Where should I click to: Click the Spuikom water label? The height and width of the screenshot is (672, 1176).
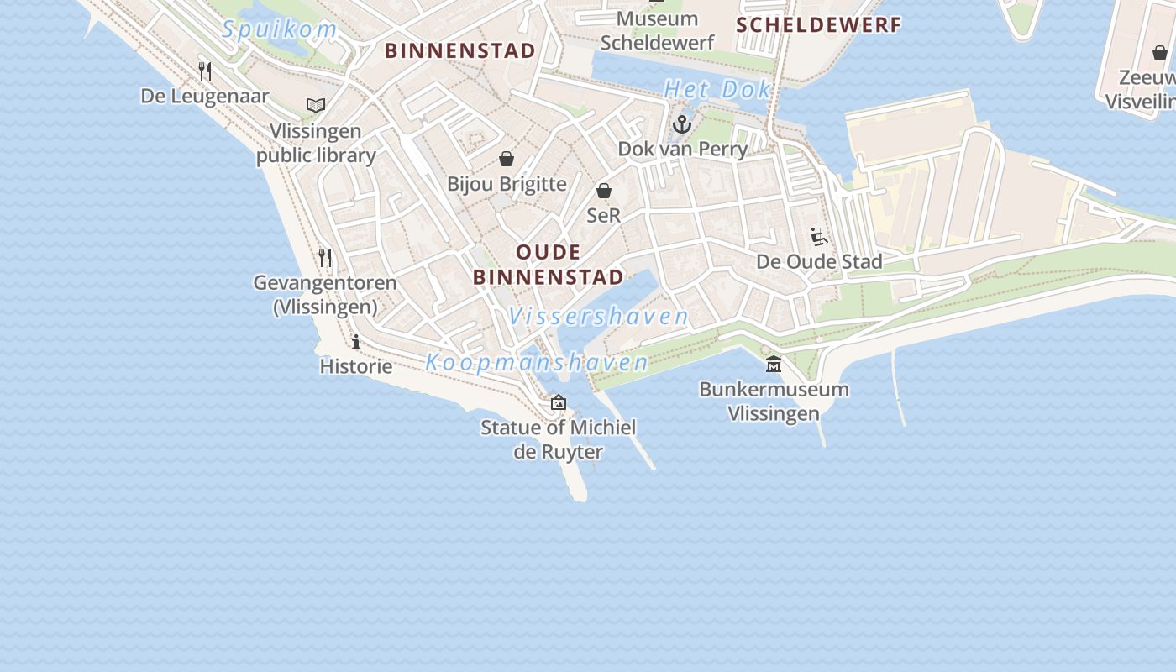(x=280, y=30)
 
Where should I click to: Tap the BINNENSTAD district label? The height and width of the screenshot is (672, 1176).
(x=459, y=50)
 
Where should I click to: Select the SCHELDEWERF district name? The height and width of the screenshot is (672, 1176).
(x=818, y=25)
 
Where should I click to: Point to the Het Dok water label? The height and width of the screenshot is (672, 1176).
(x=717, y=89)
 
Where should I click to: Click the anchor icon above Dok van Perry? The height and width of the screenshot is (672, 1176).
(x=682, y=125)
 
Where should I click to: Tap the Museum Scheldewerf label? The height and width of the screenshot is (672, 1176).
(x=657, y=30)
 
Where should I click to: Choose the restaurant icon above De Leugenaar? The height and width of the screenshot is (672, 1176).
(x=205, y=71)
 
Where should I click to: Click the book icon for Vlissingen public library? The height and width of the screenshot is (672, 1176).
(x=316, y=106)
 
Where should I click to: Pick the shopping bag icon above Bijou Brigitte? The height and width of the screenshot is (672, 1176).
(x=507, y=159)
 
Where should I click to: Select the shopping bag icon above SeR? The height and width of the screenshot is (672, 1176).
(x=603, y=191)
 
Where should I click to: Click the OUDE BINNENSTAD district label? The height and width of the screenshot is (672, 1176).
(x=548, y=265)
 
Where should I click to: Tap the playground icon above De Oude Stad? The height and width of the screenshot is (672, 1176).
(x=819, y=236)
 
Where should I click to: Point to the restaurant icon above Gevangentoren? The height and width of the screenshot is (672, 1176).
(x=325, y=257)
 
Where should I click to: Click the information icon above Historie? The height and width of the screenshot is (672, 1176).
(x=356, y=342)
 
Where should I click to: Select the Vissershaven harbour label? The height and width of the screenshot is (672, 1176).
(x=598, y=317)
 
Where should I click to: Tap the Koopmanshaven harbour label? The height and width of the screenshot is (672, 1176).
(x=537, y=363)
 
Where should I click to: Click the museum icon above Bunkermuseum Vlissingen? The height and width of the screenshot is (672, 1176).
(x=774, y=364)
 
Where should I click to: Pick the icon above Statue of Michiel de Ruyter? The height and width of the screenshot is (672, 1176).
(x=559, y=402)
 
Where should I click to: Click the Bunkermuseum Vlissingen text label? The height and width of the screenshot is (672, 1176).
(x=774, y=402)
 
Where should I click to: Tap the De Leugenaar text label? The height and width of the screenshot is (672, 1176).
(x=205, y=96)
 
